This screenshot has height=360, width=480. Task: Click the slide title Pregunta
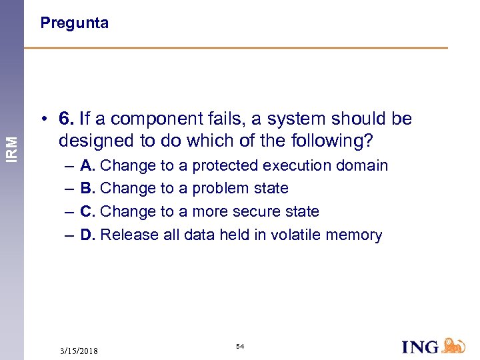point(74,23)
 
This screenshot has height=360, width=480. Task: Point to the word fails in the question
point(223,119)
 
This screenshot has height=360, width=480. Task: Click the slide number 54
point(239,347)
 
